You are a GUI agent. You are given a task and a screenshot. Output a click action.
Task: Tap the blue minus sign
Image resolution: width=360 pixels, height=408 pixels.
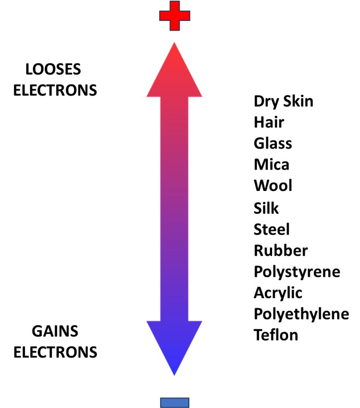pyautogui.click(x=175, y=402)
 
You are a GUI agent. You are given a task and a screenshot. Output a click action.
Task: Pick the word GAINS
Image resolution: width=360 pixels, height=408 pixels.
pyautogui.click(x=55, y=332)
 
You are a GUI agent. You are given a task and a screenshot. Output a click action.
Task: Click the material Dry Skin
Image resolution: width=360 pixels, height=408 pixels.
pyautogui.click(x=284, y=100)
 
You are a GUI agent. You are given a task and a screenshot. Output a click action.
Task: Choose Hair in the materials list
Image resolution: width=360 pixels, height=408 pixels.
pyautogui.click(x=269, y=122)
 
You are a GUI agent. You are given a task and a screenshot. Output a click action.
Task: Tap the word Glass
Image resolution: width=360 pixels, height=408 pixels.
pyautogui.click(x=273, y=143)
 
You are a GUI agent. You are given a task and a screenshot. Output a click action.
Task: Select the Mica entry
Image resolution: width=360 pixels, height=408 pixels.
pyautogui.click(x=271, y=164)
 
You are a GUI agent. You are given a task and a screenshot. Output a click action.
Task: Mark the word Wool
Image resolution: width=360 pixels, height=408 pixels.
pyautogui.click(x=273, y=186)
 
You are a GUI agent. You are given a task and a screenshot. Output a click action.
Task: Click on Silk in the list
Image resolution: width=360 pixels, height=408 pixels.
pyautogui.click(x=266, y=208)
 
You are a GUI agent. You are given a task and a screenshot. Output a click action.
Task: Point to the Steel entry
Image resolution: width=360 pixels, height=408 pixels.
pyautogui.click(x=272, y=229)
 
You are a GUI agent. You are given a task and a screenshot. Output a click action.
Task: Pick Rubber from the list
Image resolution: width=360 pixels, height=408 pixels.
pyautogui.click(x=281, y=250)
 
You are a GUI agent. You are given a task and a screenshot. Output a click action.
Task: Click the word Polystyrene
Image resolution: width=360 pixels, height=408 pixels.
pyautogui.click(x=297, y=272)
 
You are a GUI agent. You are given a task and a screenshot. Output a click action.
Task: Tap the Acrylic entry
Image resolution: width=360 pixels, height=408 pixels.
pyautogui.click(x=278, y=293)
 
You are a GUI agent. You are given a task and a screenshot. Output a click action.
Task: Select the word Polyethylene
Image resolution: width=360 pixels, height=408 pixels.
pyautogui.click(x=301, y=314)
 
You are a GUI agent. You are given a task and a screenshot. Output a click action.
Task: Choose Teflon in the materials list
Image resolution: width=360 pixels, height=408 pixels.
pyautogui.click(x=276, y=335)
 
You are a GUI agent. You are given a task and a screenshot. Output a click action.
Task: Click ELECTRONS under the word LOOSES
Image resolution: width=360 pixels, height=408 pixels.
pyautogui.click(x=55, y=90)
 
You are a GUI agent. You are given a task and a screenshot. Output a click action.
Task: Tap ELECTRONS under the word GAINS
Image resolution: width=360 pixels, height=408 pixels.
pyautogui.click(x=55, y=352)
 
